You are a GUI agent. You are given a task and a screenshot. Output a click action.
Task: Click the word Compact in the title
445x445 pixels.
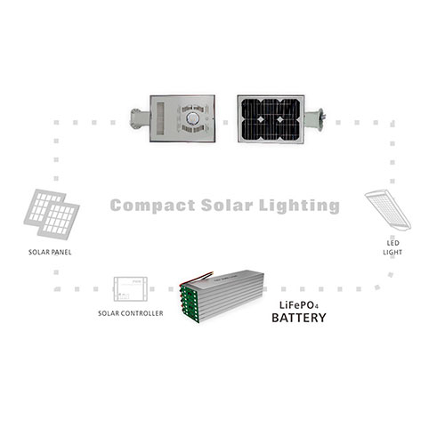(x=153, y=206)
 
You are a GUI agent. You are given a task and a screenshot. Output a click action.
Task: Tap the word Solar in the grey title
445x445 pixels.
(x=227, y=205)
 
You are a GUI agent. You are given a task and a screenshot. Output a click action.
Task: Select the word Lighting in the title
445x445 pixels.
(x=299, y=206)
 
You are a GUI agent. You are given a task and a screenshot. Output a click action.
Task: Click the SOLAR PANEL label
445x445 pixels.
(x=50, y=252)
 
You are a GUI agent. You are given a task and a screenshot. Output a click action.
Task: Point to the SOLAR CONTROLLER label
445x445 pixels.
(x=131, y=313)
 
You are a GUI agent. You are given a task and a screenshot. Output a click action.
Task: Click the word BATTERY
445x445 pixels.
(x=299, y=318)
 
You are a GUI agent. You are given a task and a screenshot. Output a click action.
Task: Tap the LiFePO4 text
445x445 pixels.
(x=299, y=305)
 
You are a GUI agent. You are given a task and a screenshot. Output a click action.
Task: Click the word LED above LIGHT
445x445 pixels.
(x=392, y=243)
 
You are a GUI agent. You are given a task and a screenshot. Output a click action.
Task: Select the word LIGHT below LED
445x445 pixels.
(x=392, y=253)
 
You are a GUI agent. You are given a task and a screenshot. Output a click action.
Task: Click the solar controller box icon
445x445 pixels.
(x=131, y=289)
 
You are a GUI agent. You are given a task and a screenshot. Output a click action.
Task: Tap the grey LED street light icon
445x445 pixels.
(x=388, y=209)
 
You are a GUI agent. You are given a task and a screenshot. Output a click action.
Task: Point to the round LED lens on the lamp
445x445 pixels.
(x=191, y=119)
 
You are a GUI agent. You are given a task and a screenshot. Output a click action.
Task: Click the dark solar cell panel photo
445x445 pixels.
(x=271, y=119)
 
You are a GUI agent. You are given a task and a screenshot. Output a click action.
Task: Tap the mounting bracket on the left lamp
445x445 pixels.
(x=141, y=119)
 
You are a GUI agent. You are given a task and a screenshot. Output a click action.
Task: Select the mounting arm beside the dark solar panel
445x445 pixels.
(x=314, y=120)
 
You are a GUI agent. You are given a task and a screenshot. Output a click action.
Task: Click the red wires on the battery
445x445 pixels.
(x=198, y=277)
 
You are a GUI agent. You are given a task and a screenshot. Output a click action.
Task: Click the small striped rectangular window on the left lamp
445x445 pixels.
(x=160, y=119)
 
